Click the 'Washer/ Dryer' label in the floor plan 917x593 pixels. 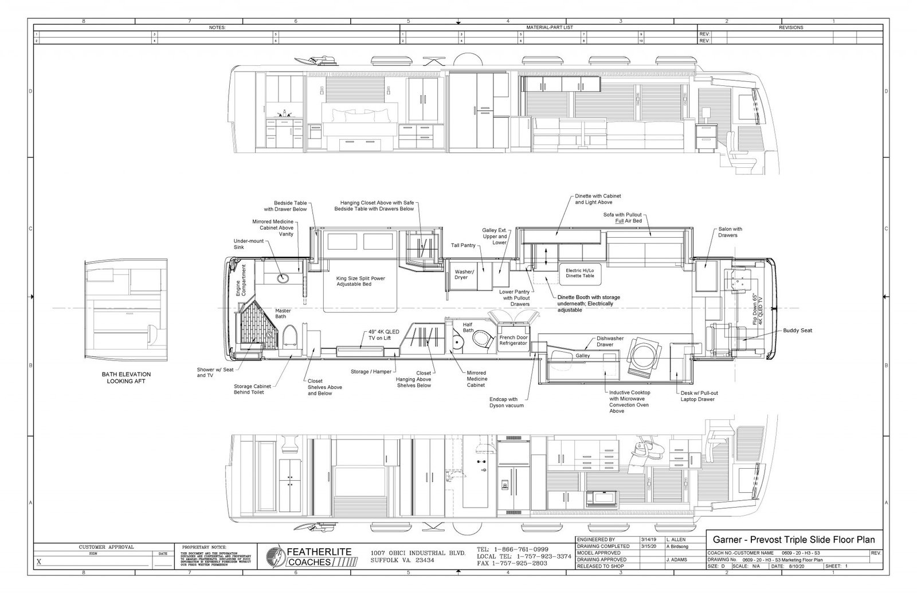(x=461, y=274)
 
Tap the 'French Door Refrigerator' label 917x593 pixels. (x=514, y=340)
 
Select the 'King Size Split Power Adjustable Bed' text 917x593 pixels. (x=360, y=281)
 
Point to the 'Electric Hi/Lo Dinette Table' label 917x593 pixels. (x=580, y=273)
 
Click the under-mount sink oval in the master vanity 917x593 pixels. (x=282, y=278)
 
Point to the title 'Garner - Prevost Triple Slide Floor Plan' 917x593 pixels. (x=793, y=540)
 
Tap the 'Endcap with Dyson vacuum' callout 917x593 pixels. (x=511, y=402)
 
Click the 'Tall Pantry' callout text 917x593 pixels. (x=463, y=245)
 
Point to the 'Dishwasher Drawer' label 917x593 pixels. (x=610, y=341)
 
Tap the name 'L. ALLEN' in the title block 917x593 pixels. (x=676, y=540)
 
